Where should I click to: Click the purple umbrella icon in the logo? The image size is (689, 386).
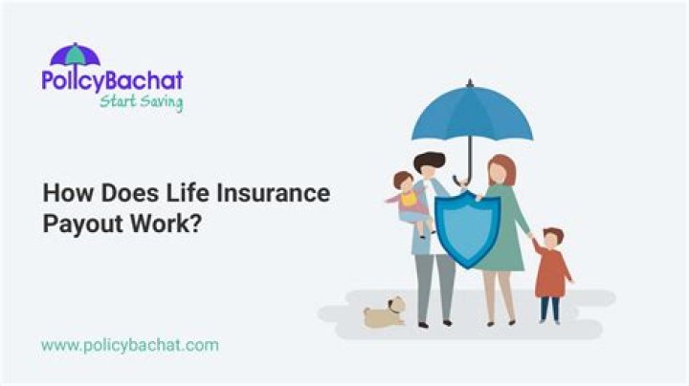pos(75,54)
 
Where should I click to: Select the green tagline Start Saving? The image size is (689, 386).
pos(141,101)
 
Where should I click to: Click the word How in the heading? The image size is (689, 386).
pos(64,193)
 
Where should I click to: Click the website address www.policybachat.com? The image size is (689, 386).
pos(129,344)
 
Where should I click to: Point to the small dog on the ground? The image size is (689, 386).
pos(386,311)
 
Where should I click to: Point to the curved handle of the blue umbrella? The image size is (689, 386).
pos(463,180)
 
